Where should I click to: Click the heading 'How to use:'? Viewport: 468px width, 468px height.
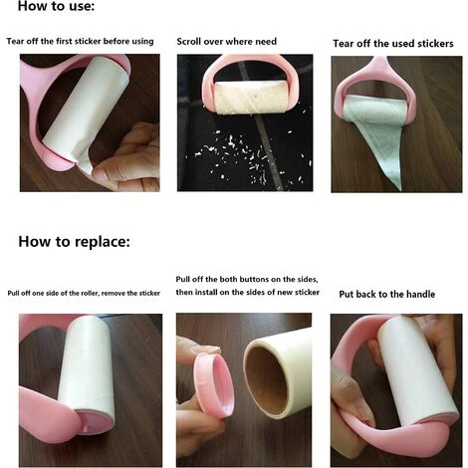tap(56, 6)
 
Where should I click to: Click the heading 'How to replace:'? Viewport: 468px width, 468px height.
tap(74, 241)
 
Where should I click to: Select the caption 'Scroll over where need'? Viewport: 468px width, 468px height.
tap(226, 42)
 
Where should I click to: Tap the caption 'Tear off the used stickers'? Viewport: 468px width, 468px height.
tap(393, 44)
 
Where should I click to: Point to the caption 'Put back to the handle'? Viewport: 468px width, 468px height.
tap(387, 294)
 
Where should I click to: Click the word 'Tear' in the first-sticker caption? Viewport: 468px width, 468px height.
tap(14, 41)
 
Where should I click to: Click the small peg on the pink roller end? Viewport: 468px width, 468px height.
tap(86, 429)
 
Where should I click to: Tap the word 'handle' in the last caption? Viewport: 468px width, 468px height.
tap(420, 294)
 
